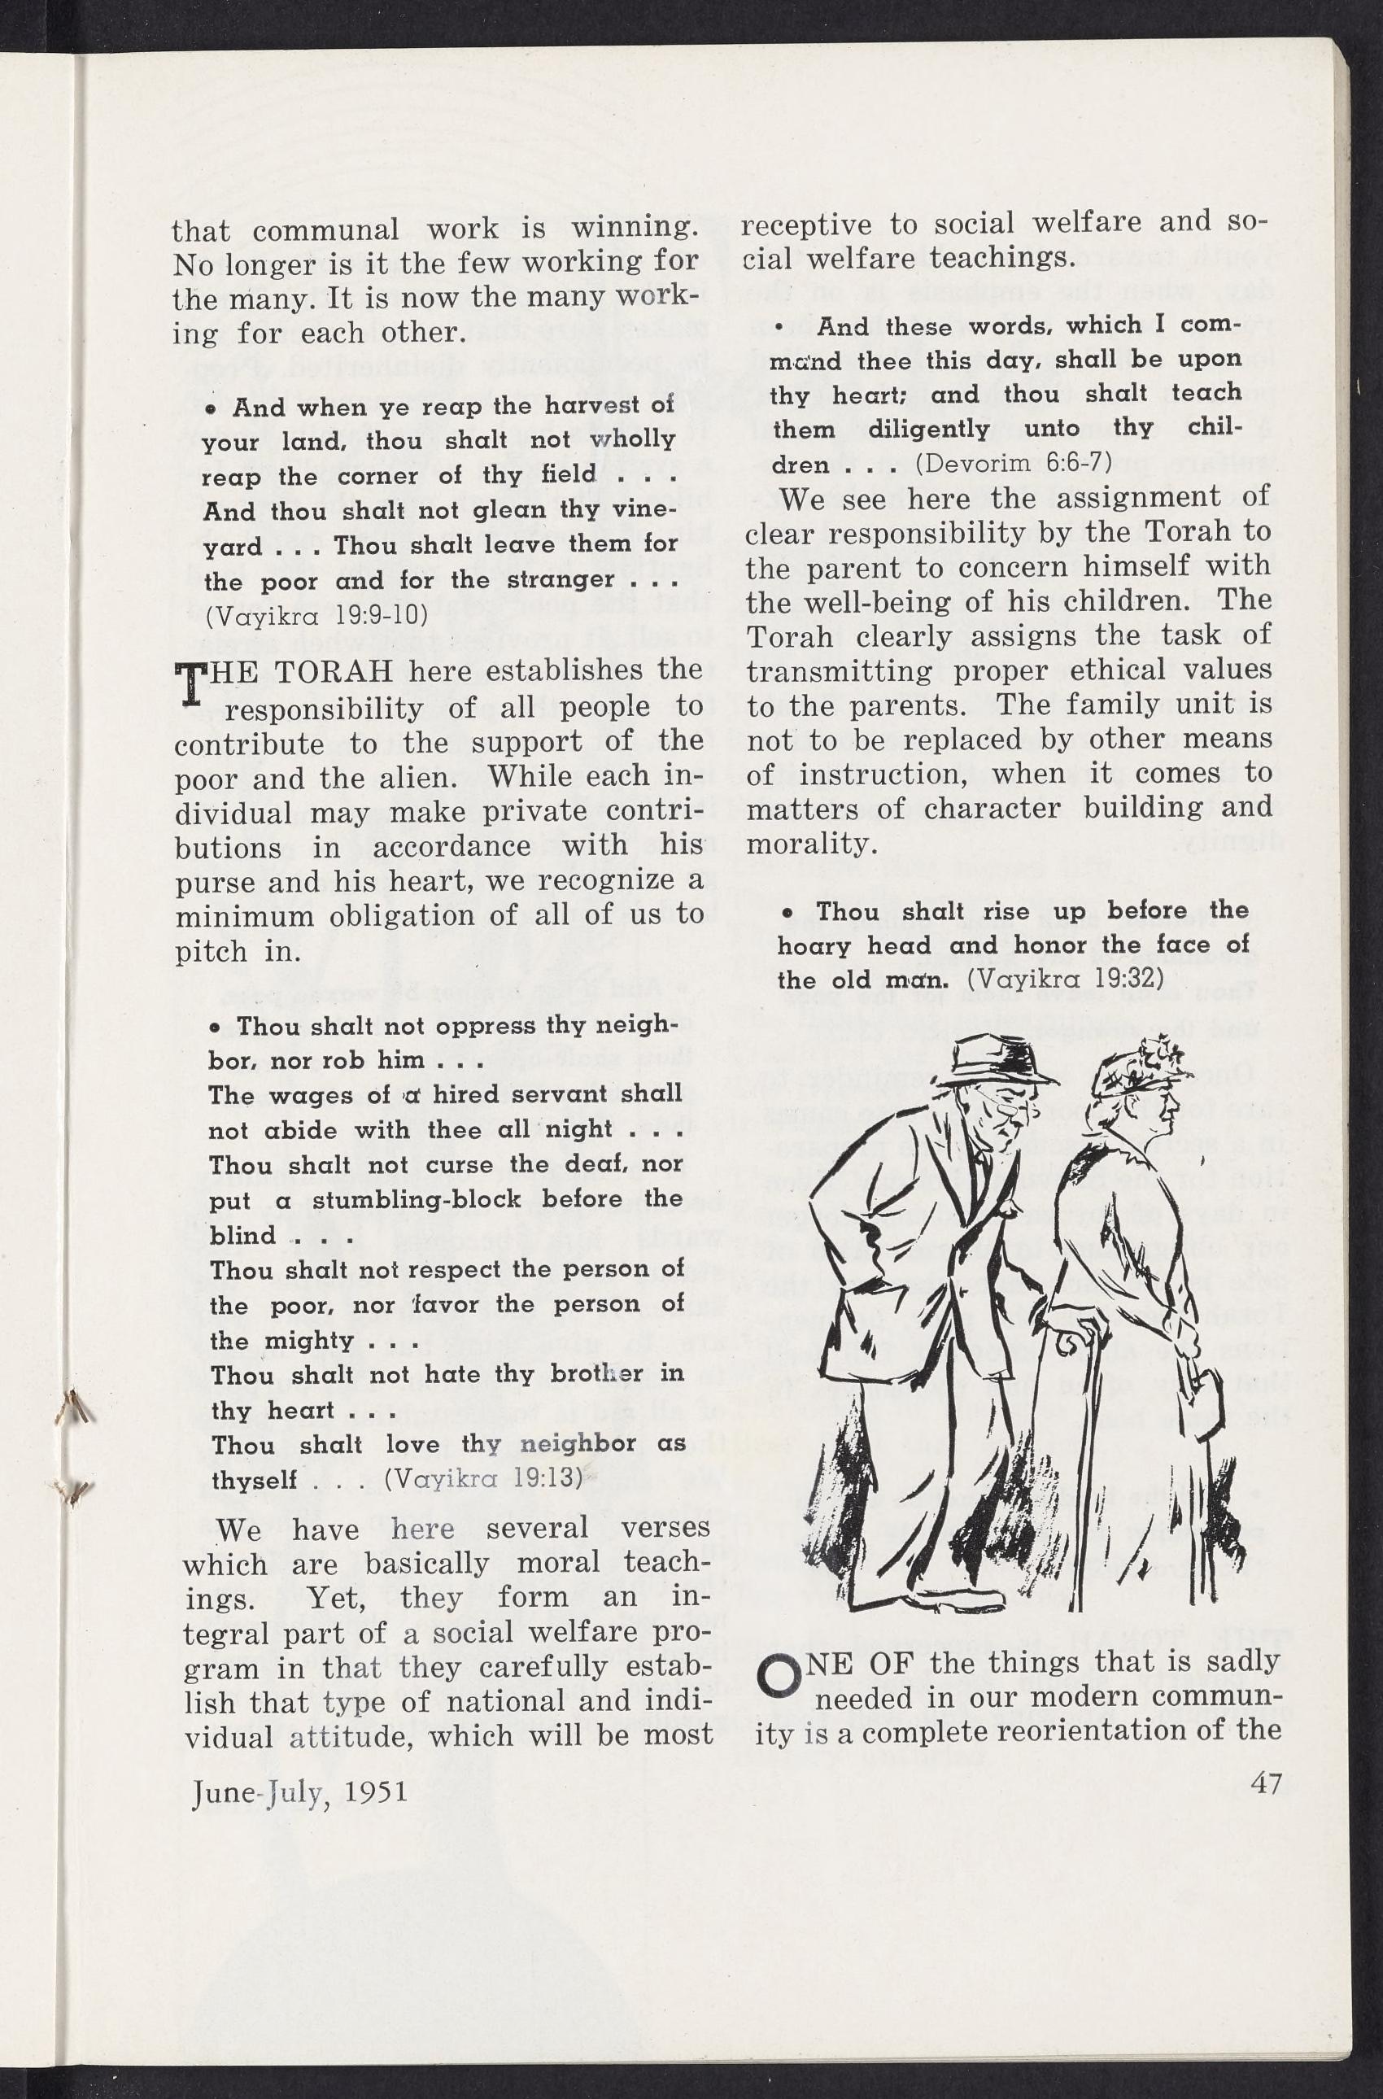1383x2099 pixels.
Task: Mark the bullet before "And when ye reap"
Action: click(212, 409)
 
